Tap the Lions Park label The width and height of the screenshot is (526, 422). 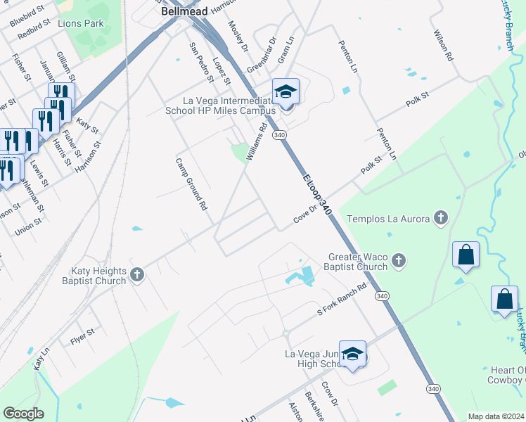(x=81, y=23)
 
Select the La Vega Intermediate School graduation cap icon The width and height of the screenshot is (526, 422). (x=286, y=91)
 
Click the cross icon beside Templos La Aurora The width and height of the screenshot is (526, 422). (x=440, y=218)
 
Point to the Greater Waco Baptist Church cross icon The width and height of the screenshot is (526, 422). (x=399, y=262)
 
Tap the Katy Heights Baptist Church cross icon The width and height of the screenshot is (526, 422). (x=137, y=276)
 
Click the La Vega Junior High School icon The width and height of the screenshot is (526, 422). (x=353, y=355)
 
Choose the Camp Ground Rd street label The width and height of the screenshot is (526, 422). (x=191, y=184)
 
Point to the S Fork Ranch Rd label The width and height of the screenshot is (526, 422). (x=342, y=300)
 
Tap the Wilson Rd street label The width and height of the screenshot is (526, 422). (x=443, y=45)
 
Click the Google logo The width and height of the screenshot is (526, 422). (x=23, y=414)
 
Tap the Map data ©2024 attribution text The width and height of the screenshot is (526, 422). (x=496, y=416)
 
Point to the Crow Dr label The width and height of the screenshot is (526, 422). (x=330, y=392)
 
